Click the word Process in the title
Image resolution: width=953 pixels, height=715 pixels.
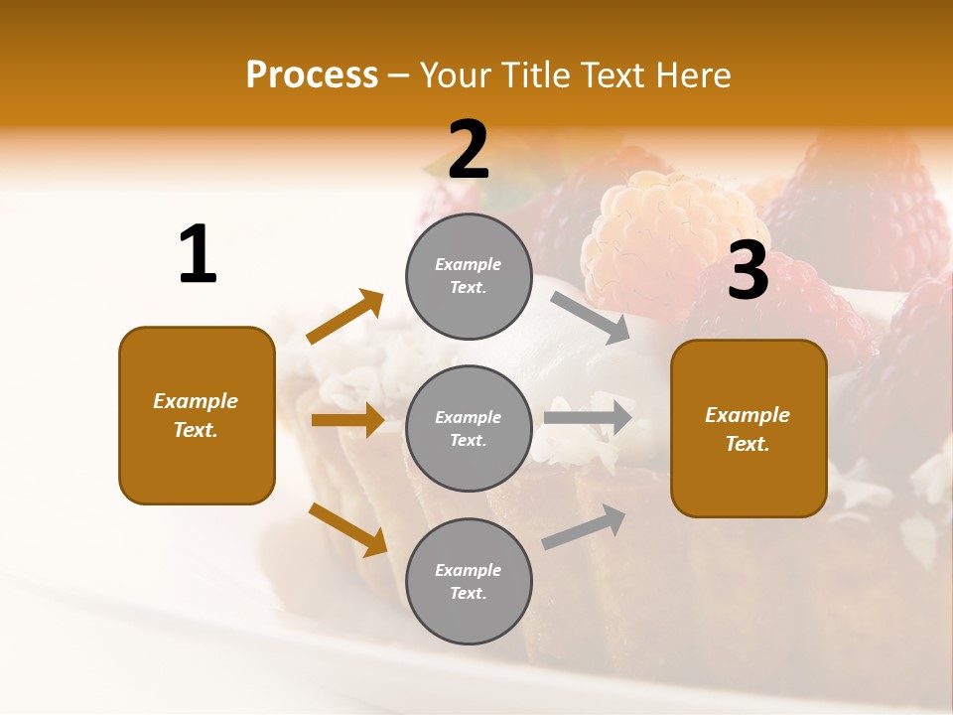pos(312,75)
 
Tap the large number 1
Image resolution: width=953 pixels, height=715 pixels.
pos(198,254)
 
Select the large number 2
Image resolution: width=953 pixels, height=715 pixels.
pos(469,150)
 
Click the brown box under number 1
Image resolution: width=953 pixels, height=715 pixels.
pos(197,415)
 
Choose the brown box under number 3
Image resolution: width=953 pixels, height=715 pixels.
pos(749,429)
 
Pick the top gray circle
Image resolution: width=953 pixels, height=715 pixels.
pos(469,276)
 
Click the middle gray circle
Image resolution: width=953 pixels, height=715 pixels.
pos(469,429)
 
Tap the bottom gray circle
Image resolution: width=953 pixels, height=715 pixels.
pos(469,582)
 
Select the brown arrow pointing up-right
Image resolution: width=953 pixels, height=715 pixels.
pos(345,317)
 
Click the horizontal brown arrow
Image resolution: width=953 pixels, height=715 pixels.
pos(347,420)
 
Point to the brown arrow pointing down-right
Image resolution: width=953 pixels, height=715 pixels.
pos(347,529)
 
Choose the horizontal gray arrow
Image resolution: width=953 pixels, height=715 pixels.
pos(588,417)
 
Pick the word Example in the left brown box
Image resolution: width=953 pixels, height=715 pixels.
pos(196,401)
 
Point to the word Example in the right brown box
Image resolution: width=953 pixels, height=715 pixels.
pos(748,415)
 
